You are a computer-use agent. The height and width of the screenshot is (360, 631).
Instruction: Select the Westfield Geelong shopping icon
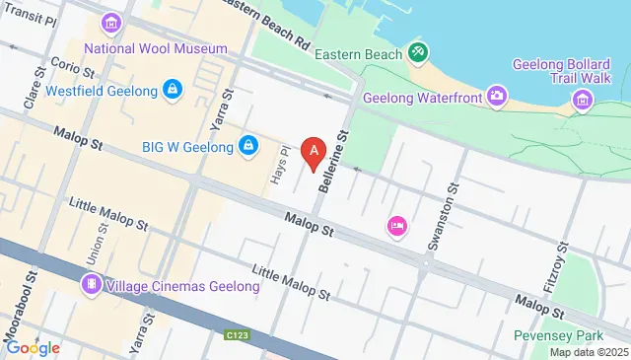point(174,91)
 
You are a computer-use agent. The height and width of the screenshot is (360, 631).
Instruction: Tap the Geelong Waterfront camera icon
point(498,97)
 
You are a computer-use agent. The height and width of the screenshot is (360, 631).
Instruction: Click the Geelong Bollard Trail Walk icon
point(583,98)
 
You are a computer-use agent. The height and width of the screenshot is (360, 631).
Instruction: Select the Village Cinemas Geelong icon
point(92,285)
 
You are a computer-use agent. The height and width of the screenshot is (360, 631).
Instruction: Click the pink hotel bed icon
point(397,227)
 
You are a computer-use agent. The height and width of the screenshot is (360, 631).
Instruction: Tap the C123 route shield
point(235,336)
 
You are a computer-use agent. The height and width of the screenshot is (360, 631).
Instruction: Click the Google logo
point(33,347)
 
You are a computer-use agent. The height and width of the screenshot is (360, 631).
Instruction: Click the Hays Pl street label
point(278,167)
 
